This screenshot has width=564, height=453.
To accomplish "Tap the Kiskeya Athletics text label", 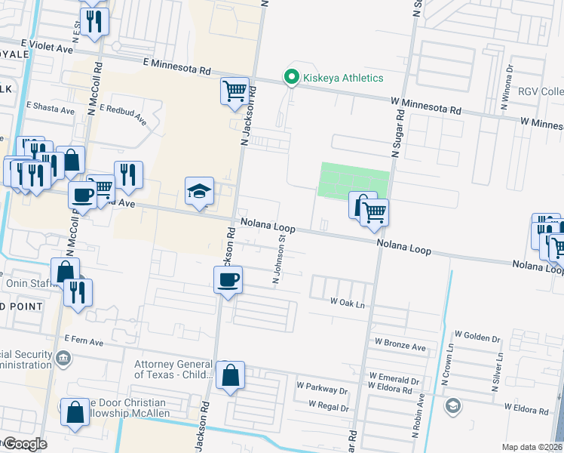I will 343,78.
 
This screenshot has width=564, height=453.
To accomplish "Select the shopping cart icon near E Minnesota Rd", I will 234,91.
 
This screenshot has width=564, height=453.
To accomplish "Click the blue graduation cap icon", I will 200,191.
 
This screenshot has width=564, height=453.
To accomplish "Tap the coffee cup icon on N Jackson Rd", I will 228,281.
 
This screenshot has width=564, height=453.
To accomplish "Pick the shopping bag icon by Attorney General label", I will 230,374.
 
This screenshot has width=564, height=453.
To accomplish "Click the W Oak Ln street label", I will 347,301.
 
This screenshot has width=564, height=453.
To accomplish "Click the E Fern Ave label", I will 83,341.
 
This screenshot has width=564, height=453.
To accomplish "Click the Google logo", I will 25,444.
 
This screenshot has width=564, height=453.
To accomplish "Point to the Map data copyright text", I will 532,447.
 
